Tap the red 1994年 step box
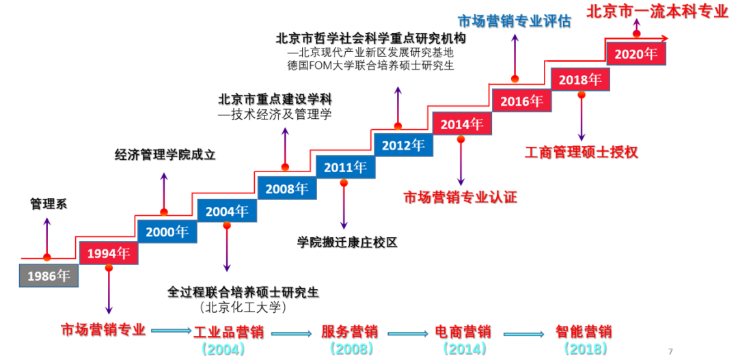pyautogui.click(x=108, y=253)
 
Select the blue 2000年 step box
pyautogui.click(x=167, y=232)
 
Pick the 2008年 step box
pyautogui.click(x=286, y=188)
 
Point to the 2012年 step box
pyautogui.click(x=402, y=144)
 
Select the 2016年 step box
pyautogui.click(x=521, y=101)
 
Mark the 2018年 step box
pyautogui.click(x=579, y=79)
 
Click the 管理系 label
pyautogui.click(x=48, y=204)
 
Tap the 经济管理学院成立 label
pyautogui.click(x=165, y=155)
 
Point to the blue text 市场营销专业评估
pyautogui.click(x=514, y=20)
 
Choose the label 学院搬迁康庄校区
pyautogui.click(x=347, y=243)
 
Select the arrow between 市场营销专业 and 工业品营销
pyautogui.click(x=170, y=331)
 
